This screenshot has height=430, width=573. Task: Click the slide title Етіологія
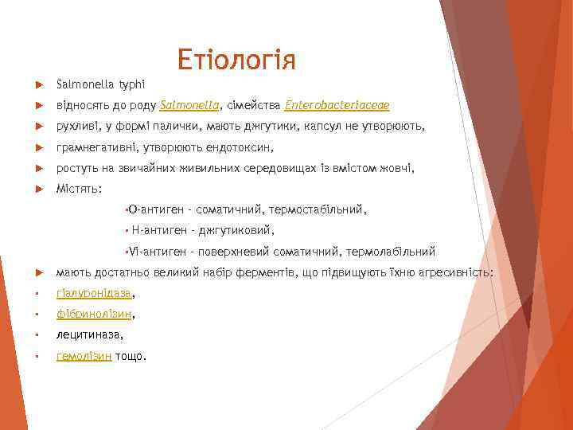click(236, 60)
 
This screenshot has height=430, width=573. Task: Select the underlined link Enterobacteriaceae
click(337, 105)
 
